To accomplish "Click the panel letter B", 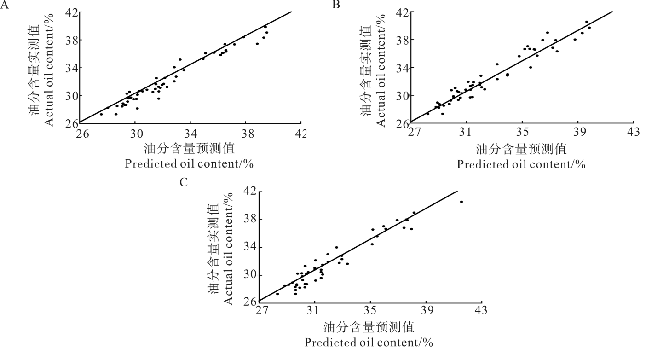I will tap(336, 5).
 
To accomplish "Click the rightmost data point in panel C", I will tap(461, 202).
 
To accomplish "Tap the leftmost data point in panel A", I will tap(101, 114).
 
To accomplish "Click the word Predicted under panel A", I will tap(150, 164).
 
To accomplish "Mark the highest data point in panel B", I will tap(587, 22).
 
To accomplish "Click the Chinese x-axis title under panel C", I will tap(369, 328).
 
